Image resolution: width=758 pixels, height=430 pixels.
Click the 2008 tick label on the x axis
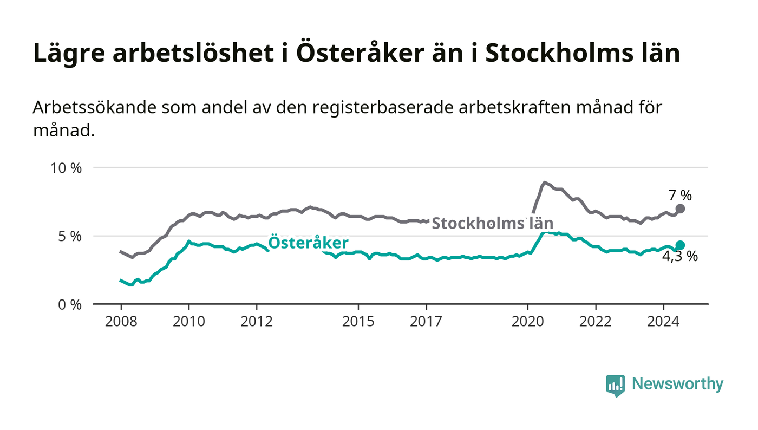tap(121, 322)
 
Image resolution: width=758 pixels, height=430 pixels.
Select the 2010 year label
tap(189, 322)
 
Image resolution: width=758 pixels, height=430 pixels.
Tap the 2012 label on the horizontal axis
tap(257, 322)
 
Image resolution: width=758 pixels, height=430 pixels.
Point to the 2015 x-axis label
tap(358, 322)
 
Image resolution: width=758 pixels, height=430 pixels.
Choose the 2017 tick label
tap(427, 322)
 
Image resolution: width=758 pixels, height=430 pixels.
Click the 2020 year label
tap(528, 322)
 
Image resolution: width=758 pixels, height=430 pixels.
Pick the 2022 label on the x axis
tap(596, 322)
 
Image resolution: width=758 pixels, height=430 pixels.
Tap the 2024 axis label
tap(663, 322)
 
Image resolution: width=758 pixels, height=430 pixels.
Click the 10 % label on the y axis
tap(66, 168)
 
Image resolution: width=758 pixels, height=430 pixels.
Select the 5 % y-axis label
tap(69, 236)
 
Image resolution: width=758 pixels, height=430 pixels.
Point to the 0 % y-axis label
tap(69, 304)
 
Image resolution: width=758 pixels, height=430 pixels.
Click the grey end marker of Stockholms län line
tap(681, 209)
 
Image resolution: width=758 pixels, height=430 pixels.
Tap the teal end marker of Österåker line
tap(680, 245)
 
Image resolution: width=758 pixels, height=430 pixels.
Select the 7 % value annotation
tap(680, 196)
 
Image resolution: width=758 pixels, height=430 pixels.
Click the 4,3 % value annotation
tap(680, 257)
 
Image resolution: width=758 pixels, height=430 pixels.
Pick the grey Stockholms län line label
tap(492, 223)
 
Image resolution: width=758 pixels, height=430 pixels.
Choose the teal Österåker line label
tap(308, 243)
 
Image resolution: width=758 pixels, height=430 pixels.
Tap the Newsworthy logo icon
tap(615, 385)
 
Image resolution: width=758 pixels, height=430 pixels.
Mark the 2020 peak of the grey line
tap(545, 183)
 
